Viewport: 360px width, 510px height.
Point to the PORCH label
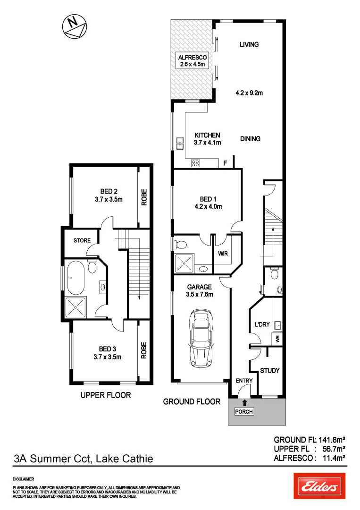[x=244, y=411]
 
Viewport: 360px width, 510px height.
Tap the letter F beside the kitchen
[x=226, y=163]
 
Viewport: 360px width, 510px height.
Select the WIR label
[x=223, y=254]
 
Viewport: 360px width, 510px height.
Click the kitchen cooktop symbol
[x=196, y=163]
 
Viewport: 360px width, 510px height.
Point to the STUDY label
[x=270, y=371]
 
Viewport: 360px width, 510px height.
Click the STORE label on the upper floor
[x=82, y=240]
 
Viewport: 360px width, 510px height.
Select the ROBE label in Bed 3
[x=144, y=350]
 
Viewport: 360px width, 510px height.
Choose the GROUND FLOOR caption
[x=192, y=402]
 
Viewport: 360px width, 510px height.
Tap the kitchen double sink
[x=180, y=143]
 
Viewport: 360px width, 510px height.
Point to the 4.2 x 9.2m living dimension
[x=249, y=93]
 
